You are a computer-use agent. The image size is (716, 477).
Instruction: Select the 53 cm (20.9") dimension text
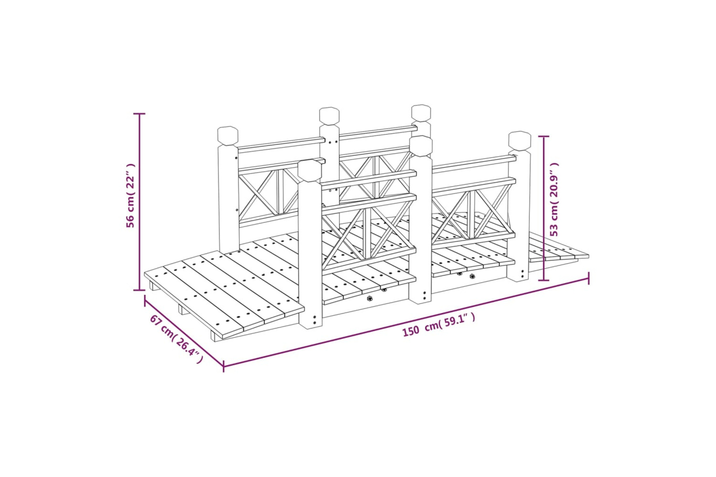554,199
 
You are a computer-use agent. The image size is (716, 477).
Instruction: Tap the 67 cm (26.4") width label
176,339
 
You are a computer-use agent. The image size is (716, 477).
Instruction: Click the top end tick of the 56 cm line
139,114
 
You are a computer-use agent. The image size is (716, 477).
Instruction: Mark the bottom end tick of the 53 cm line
544,280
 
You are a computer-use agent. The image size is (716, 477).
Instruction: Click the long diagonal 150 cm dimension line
406,322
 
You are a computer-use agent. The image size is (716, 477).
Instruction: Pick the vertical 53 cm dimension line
544,208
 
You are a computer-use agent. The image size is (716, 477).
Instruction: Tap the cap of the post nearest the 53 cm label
520,141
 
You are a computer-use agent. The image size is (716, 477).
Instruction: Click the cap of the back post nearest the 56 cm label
228,136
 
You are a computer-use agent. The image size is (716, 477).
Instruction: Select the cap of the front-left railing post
310,171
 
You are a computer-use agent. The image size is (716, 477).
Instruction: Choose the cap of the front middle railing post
421,146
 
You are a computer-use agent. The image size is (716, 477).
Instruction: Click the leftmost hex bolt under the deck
369,299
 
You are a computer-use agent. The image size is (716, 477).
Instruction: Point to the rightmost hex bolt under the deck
472,276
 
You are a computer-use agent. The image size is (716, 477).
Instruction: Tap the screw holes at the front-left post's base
315,320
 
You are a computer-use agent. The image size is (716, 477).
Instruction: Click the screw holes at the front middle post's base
424,295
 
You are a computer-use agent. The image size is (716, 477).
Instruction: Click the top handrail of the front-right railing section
474,164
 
